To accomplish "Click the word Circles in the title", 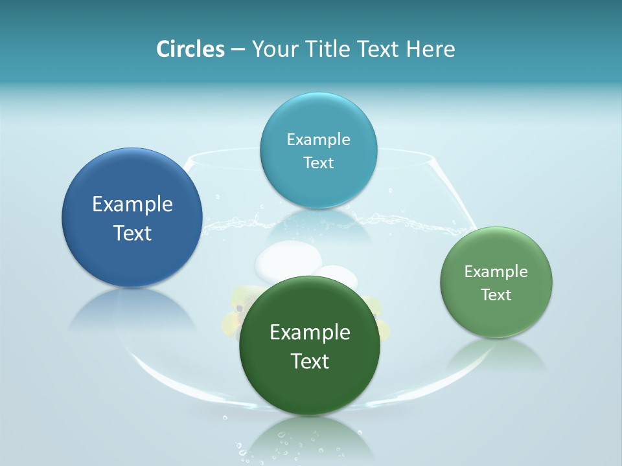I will [190, 49].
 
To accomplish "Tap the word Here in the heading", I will [430, 49].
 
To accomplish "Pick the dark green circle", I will [310, 388].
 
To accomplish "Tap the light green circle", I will [496, 317].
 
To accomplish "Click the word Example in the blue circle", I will [132, 205].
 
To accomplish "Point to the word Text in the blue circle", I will [132, 233].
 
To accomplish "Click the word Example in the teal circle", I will [318, 140].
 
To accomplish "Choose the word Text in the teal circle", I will [318, 162].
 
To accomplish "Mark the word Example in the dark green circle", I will [310, 333].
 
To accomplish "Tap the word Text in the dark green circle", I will [310, 361].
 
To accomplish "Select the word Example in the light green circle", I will [496, 272].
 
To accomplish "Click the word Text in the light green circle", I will [496, 294].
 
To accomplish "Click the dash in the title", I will [238, 50].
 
